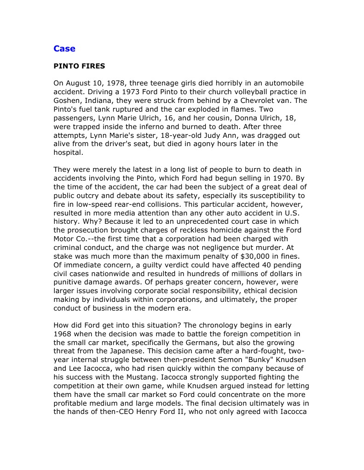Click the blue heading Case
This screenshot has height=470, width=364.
pos(64,49)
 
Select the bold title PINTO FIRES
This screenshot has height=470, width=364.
pos(79,66)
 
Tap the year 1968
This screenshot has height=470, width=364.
pos(63,334)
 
